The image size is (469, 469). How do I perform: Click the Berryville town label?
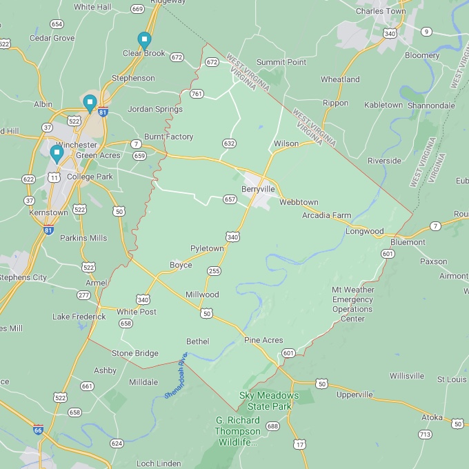pyautogui.click(x=258, y=189)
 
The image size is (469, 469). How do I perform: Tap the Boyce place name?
pyautogui.click(x=181, y=265)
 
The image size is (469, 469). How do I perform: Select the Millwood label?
pyautogui.click(x=202, y=295)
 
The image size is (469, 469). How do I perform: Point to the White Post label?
pyautogui.click(x=136, y=312)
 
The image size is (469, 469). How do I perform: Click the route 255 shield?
pyautogui.click(x=214, y=271)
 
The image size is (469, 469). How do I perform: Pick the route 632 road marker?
pyautogui.click(x=229, y=143)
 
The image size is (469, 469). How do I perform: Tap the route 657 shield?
pyautogui.click(x=230, y=199)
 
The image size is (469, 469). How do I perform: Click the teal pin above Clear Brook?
pyautogui.click(x=144, y=39)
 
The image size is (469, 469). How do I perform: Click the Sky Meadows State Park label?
pyautogui.click(x=269, y=401)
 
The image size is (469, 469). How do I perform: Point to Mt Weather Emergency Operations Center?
pyautogui.click(x=353, y=304)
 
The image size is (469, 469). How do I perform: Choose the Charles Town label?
pyautogui.click(x=381, y=11)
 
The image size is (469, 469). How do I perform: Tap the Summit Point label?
pyautogui.click(x=281, y=62)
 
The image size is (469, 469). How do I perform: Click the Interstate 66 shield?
pyautogui.click(x=38, y=429)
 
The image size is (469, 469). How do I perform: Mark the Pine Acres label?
pyautogui.click(x=263, y=341)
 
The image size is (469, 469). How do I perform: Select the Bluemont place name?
pyautogui.click(x=408, y=243)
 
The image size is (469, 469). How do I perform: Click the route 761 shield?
pyautogui.click(x=197, y=94)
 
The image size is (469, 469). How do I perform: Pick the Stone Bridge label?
pyautogui.click(x=134, y=353)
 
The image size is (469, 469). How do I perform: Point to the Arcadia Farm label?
pyautogui.click(x=326, y=215)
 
